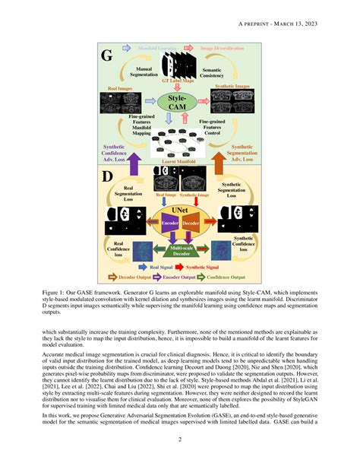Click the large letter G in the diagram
107,55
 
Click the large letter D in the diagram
107,178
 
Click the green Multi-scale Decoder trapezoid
179,250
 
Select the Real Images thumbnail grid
122,103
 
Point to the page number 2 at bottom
179,439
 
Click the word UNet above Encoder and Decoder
180,208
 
